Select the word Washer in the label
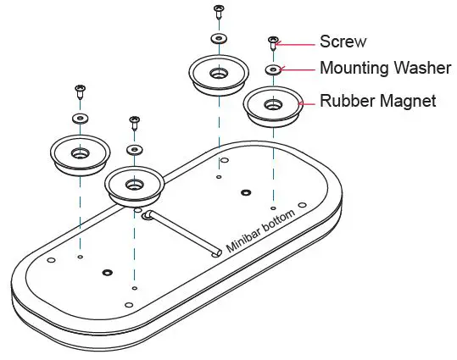421,69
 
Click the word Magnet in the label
409,102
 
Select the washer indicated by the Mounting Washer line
273,69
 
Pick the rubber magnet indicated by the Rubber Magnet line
273,107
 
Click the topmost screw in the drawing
219,11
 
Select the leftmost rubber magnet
79,154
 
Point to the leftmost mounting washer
79,117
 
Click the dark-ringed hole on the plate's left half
107,273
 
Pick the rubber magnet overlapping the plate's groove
133,184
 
